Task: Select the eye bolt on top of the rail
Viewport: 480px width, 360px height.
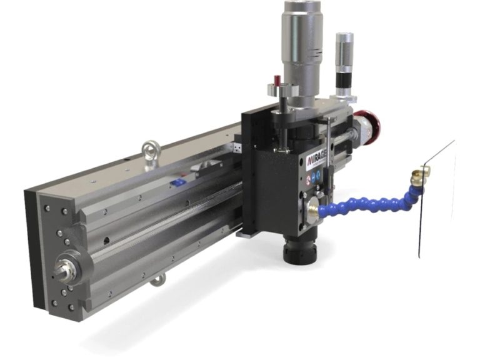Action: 150,148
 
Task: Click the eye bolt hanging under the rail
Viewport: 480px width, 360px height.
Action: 156,279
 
